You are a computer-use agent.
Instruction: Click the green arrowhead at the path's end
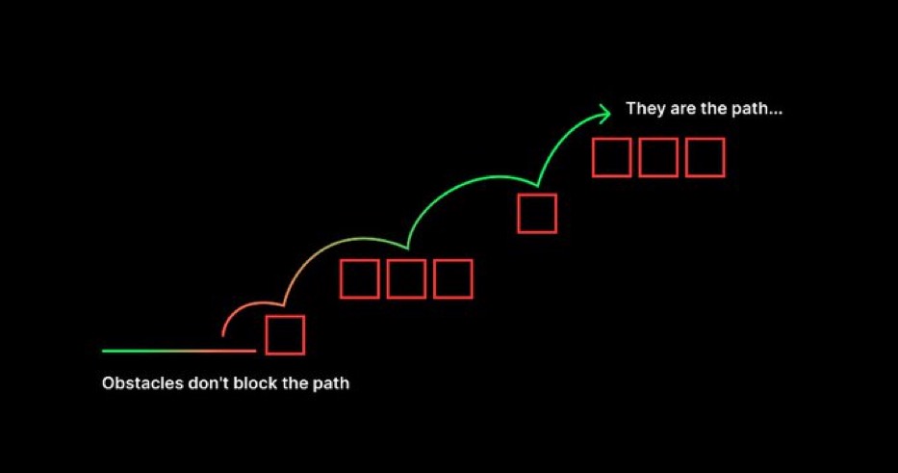[605, 114]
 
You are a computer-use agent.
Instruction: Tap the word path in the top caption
[758, 109]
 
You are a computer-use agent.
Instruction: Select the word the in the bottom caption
[292, 383]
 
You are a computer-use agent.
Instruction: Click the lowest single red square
[285, 335]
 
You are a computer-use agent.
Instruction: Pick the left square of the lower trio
[360, 278]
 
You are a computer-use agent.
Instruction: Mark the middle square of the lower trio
[406, 278]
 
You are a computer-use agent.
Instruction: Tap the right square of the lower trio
[453, 278]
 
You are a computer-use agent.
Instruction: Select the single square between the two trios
[537, 213]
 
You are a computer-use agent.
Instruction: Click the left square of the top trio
[611, 157]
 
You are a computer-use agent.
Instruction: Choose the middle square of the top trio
[658, 157]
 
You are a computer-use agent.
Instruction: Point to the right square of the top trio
[705, 157]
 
